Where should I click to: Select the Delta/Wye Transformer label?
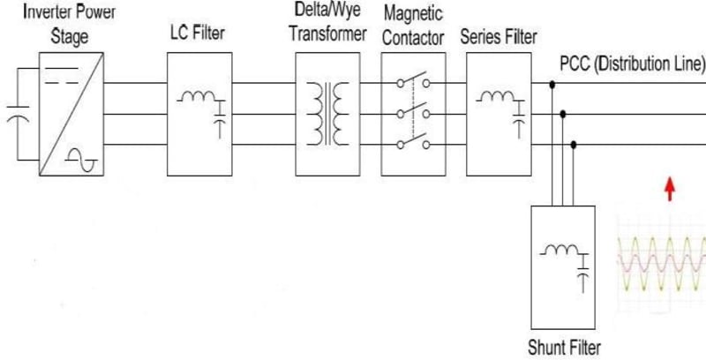pos(327,25)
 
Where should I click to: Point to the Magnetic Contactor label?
pos(413,25)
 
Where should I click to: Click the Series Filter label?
pos(499,37)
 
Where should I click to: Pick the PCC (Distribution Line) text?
pos(632,64)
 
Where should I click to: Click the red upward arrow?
pos(670,188)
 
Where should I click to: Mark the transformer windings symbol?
pos(327,113)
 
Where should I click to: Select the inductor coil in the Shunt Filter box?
pos(559,251)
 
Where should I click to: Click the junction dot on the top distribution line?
pos(552,86)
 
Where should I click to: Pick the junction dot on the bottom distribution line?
pos(575,144)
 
